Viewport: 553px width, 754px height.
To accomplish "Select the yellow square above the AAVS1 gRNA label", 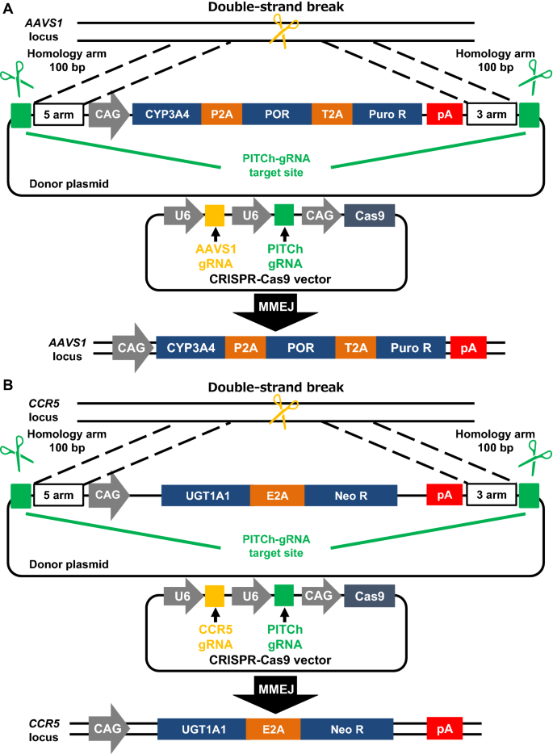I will click(x=215, y=216).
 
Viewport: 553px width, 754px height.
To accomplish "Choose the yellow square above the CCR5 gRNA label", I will click(x=215, y=597).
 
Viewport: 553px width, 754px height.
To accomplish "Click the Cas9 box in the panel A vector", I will click(x=369, y=216).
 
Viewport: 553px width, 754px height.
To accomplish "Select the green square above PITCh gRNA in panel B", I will click(x=284, y=597).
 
